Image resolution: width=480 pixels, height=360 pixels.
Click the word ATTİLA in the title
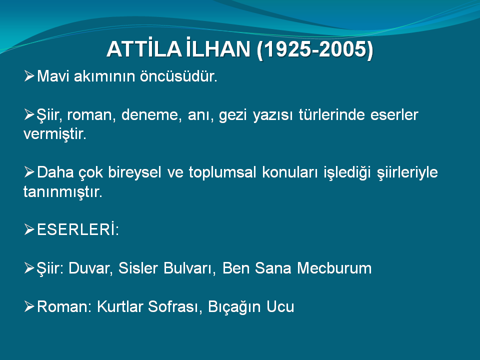click(x=144, y=49)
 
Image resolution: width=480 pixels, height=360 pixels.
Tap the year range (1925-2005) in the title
click(x=315, y=49)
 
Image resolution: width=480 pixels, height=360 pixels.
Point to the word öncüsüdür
click(x=178, y=76)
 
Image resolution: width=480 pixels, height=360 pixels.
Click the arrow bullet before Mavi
click(x=29, y=76)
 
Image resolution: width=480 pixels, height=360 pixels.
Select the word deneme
click(x=149, y=115)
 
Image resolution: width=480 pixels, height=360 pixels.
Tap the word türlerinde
click(x=331, y=115)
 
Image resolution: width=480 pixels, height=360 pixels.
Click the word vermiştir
click(x=55, y=134)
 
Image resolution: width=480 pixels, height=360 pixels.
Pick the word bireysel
click(x=134, y=172)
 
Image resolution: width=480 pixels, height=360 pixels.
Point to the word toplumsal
click(x=222, y=172)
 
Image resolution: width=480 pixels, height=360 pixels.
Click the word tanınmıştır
click(x=63, y=192)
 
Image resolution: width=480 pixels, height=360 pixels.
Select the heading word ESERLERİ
click(x=78, y=229)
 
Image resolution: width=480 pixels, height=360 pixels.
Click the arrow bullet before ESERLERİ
click(x=29, y=229)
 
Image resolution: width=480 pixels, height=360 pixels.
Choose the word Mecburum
click(x=334, y=268)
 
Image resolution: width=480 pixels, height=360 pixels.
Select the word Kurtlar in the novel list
click(x=120, y=306)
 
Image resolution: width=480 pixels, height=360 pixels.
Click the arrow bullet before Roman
click(x=29, y=306)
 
